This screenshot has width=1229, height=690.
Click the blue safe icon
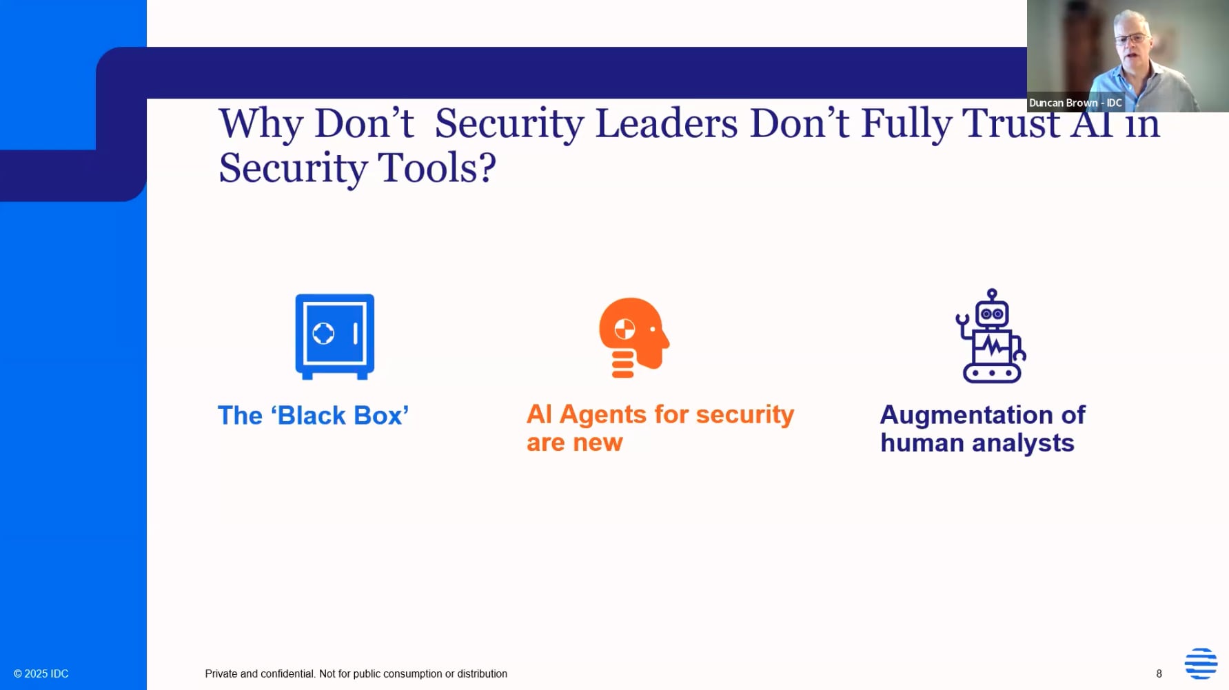coord(335,336)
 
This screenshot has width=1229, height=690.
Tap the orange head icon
coord(633,338)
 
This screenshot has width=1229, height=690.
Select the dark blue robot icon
coord(991,336)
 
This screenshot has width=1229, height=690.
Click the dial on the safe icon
coord(323,333)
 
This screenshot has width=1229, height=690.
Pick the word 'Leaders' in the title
coord(667,123)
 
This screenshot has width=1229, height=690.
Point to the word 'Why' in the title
coord(261,125)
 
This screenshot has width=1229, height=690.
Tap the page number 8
coord(1159,673)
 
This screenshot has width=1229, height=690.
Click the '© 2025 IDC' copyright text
coord(41,673)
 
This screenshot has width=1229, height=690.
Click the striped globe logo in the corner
coord(1201,663)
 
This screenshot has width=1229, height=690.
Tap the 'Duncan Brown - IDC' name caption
coord(1075,103)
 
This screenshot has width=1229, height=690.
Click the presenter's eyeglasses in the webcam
coord(1130,37)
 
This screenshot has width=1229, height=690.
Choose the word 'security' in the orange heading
coord(745,415)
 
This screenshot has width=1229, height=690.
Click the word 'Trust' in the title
coord(1010,123)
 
